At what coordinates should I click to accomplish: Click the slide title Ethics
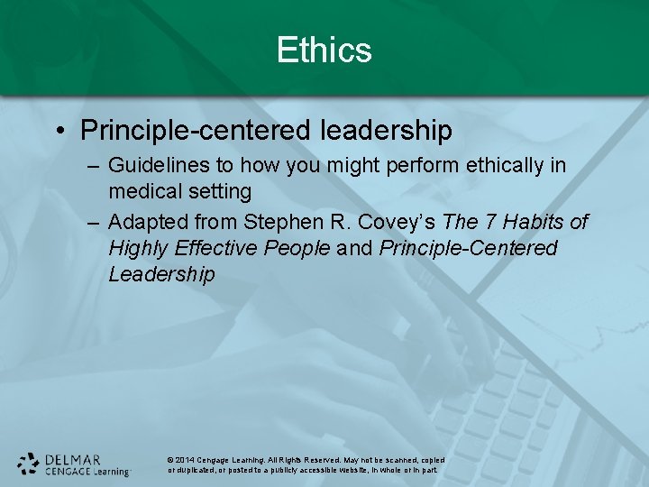[324, 50]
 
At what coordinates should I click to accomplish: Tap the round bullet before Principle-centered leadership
[59, 132]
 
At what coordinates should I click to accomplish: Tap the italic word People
[297, 248]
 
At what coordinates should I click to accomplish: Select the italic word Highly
[138, 248]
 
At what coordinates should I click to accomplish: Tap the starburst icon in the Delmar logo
[29, 464]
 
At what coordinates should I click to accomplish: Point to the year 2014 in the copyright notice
[186, 460]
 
